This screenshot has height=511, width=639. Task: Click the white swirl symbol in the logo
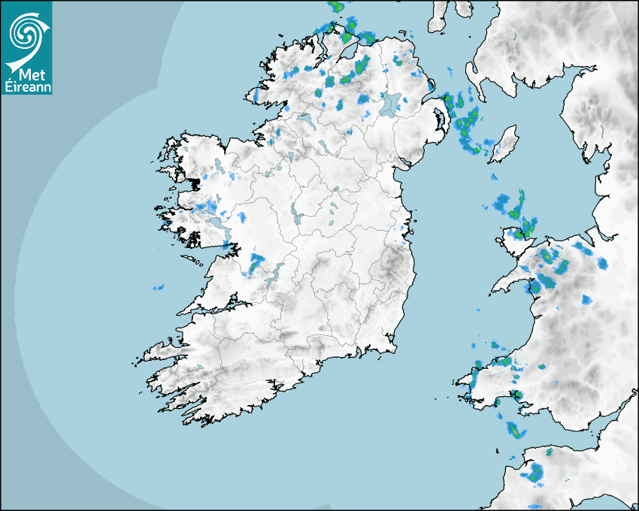[x=24, y=32]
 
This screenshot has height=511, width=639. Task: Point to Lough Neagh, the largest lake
[x=391, y=103]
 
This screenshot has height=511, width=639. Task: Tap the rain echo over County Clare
[x=256, y=263]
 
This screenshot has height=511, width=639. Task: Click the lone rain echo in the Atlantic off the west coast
[x=158, y=287]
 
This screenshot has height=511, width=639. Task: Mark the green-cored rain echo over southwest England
[x=535, y=474]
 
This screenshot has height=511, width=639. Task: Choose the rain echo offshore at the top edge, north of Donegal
[x=336, y=7]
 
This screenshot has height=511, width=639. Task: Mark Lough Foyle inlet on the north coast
[x=347, y=53]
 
